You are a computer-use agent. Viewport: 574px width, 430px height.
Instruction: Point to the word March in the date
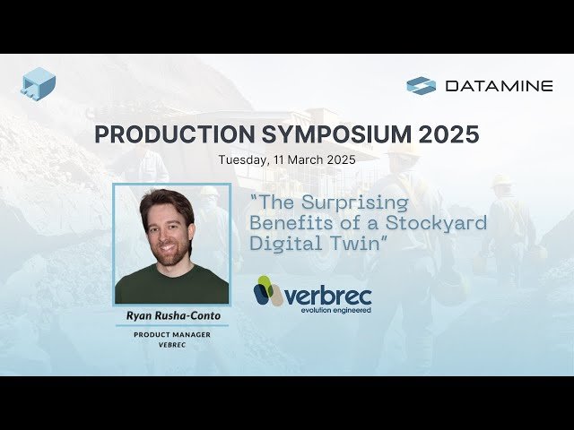[x=308, y=159]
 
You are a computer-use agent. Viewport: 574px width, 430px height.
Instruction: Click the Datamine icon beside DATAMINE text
[x=421, y=86]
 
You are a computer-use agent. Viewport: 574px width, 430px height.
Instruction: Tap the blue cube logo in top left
[x=38, y=83]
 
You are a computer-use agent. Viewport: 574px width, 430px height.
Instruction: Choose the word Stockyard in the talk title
[x=446, y=222]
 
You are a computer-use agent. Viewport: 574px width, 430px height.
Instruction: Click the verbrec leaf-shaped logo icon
[x=265, y=291]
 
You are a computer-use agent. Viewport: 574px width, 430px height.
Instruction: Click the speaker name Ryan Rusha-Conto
[x=170, y=315]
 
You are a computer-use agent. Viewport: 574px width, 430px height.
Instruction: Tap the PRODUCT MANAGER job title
[x=171, y=333]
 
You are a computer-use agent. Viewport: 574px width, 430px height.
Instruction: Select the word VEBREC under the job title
[x=171, y=344]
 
